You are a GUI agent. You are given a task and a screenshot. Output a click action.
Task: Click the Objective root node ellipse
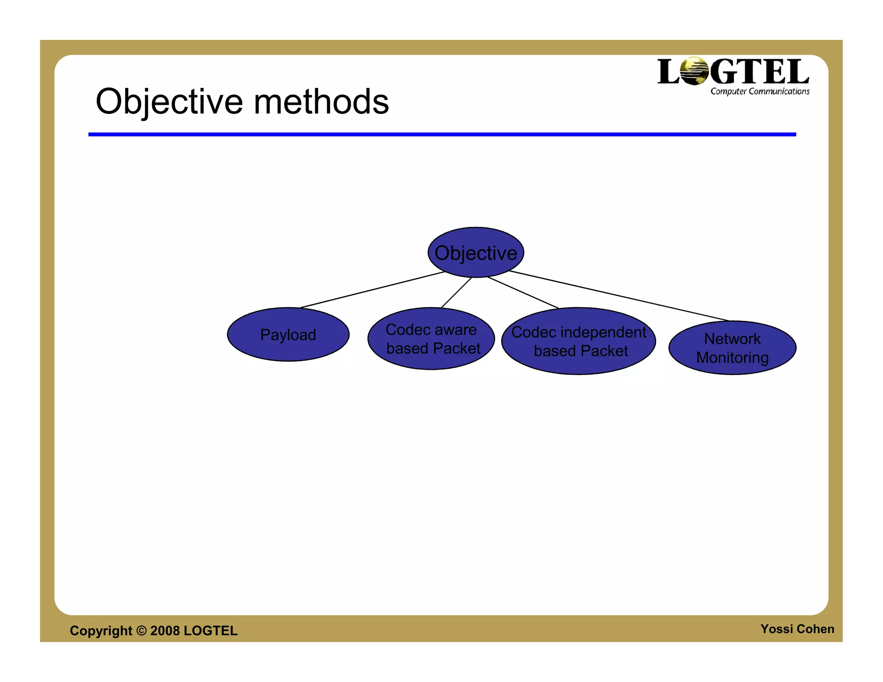pos(476,252)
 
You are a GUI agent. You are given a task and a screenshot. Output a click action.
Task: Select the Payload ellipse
pos(288,335)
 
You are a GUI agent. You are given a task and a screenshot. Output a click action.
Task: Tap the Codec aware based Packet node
pos(431,339)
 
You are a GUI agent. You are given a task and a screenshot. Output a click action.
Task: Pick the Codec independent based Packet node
pos(579,341)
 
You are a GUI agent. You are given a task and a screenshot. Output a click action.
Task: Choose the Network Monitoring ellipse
pos(732,348)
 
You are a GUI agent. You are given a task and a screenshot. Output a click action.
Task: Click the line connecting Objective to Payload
pos(373,290)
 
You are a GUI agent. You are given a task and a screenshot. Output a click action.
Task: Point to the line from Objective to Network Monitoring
pos(619,296)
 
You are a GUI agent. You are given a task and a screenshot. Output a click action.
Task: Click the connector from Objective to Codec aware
pos(456,293)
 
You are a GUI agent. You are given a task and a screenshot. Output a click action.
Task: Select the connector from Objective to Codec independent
pos(523,293)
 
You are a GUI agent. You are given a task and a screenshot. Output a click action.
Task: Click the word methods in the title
pos(321,102)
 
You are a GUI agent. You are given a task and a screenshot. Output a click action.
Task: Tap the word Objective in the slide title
pos(169,102)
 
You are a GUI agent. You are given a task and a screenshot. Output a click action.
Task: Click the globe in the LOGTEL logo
pos(694,71)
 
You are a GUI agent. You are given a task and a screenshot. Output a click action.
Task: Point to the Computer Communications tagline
pos(760,91)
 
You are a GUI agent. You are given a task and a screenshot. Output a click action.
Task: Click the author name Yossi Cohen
pos(797,629)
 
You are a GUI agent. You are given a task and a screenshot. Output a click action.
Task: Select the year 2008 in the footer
pos(165,631)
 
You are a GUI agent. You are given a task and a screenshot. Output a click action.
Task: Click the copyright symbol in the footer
pos(141,631)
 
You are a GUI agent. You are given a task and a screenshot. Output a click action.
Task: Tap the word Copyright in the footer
pos(101,631)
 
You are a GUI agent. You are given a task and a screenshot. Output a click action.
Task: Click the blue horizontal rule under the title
pos(442,135)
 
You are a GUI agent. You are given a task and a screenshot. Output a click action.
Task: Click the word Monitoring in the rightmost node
pos(732,358)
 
